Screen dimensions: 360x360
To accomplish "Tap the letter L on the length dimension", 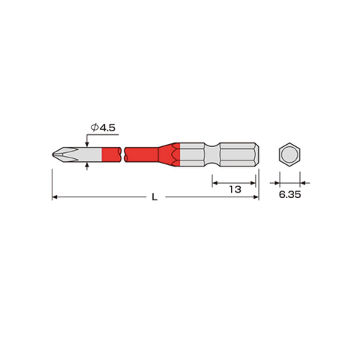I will click(154, 197).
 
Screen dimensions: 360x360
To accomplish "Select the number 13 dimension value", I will click(235, 189).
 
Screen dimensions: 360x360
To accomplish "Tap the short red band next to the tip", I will click(110, 154).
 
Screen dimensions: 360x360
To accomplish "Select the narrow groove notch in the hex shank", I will click(213, 154).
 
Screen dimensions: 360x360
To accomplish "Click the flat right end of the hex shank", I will click(259, 154).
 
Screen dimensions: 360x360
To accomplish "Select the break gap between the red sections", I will click(122, 154).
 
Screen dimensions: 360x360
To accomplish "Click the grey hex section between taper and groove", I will click(193, 154).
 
